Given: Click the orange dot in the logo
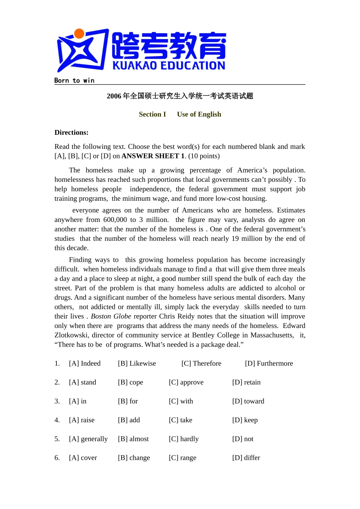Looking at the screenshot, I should point(79,34).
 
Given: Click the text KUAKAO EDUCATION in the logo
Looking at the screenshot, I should point(169,66).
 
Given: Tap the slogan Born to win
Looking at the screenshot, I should point(74,80).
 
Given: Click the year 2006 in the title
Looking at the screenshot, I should point(114,96).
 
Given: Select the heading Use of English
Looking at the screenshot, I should point(199,114).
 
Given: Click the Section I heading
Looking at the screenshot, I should point(152,114).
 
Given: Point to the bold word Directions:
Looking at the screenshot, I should point(71,133).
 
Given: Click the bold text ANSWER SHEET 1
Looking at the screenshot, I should point(153,156).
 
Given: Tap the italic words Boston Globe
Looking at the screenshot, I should point(111,316).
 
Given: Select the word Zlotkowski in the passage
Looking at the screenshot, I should point(71,335).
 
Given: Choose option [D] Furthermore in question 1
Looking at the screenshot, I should point(269,364).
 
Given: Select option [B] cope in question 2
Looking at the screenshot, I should point(130,383).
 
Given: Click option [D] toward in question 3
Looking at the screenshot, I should point(248,401).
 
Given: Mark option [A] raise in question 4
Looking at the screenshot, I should point(82,420).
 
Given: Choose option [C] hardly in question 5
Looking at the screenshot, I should point(184,439).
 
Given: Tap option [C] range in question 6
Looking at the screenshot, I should point(183,458).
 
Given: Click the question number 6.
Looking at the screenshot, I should point(57,458).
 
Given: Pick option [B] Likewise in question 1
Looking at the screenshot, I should point(137,364).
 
